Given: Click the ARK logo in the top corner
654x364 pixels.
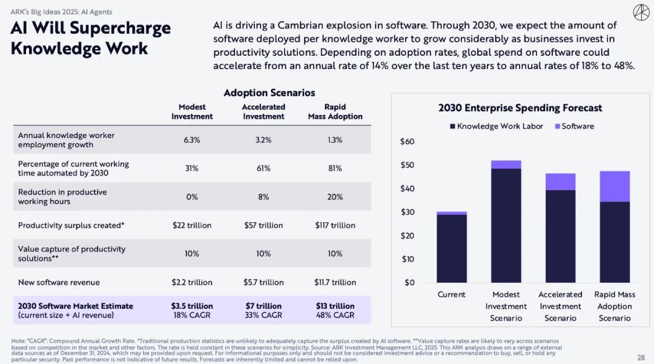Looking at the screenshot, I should click(641, 12).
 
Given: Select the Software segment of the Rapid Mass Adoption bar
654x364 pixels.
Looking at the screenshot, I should click(615, 187).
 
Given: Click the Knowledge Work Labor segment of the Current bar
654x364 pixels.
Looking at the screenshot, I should click(452, 248).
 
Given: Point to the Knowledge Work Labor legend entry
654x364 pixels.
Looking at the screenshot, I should click(496, 126).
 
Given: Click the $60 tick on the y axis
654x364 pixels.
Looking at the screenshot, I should click(407, 142).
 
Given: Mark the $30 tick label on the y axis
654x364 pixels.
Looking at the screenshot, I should click(407, 212).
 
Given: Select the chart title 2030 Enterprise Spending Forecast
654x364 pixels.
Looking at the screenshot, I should click(520, 108).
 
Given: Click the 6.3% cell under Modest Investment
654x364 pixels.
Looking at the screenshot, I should click(192, 140).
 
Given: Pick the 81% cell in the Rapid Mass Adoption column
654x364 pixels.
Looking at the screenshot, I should click(335, 168).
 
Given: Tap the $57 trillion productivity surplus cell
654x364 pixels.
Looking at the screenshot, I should click(263, 225).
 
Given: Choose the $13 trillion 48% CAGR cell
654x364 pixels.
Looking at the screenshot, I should click(335, 310).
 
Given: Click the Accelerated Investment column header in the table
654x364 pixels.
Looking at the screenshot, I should click(263, 111).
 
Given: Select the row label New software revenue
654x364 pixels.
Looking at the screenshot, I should click(59, 282).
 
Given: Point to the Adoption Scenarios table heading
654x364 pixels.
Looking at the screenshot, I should click(269, 93).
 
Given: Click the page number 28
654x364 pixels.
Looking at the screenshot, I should click(641, 357).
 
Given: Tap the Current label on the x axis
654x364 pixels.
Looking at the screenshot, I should click(452, 294).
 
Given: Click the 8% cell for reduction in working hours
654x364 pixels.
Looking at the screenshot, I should click(263, 197).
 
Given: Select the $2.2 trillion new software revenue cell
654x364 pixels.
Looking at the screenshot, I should click(192, 282).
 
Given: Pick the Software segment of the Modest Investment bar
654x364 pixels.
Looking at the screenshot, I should click(506, 165).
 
